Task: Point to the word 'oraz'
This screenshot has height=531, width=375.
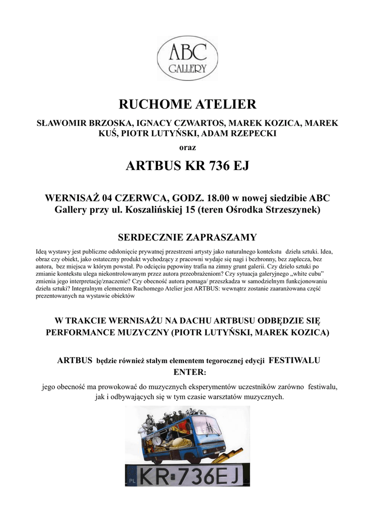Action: click(187, 147)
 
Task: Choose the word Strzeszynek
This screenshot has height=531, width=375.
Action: click(291, 210)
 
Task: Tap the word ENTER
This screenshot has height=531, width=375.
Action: click(188, 372)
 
